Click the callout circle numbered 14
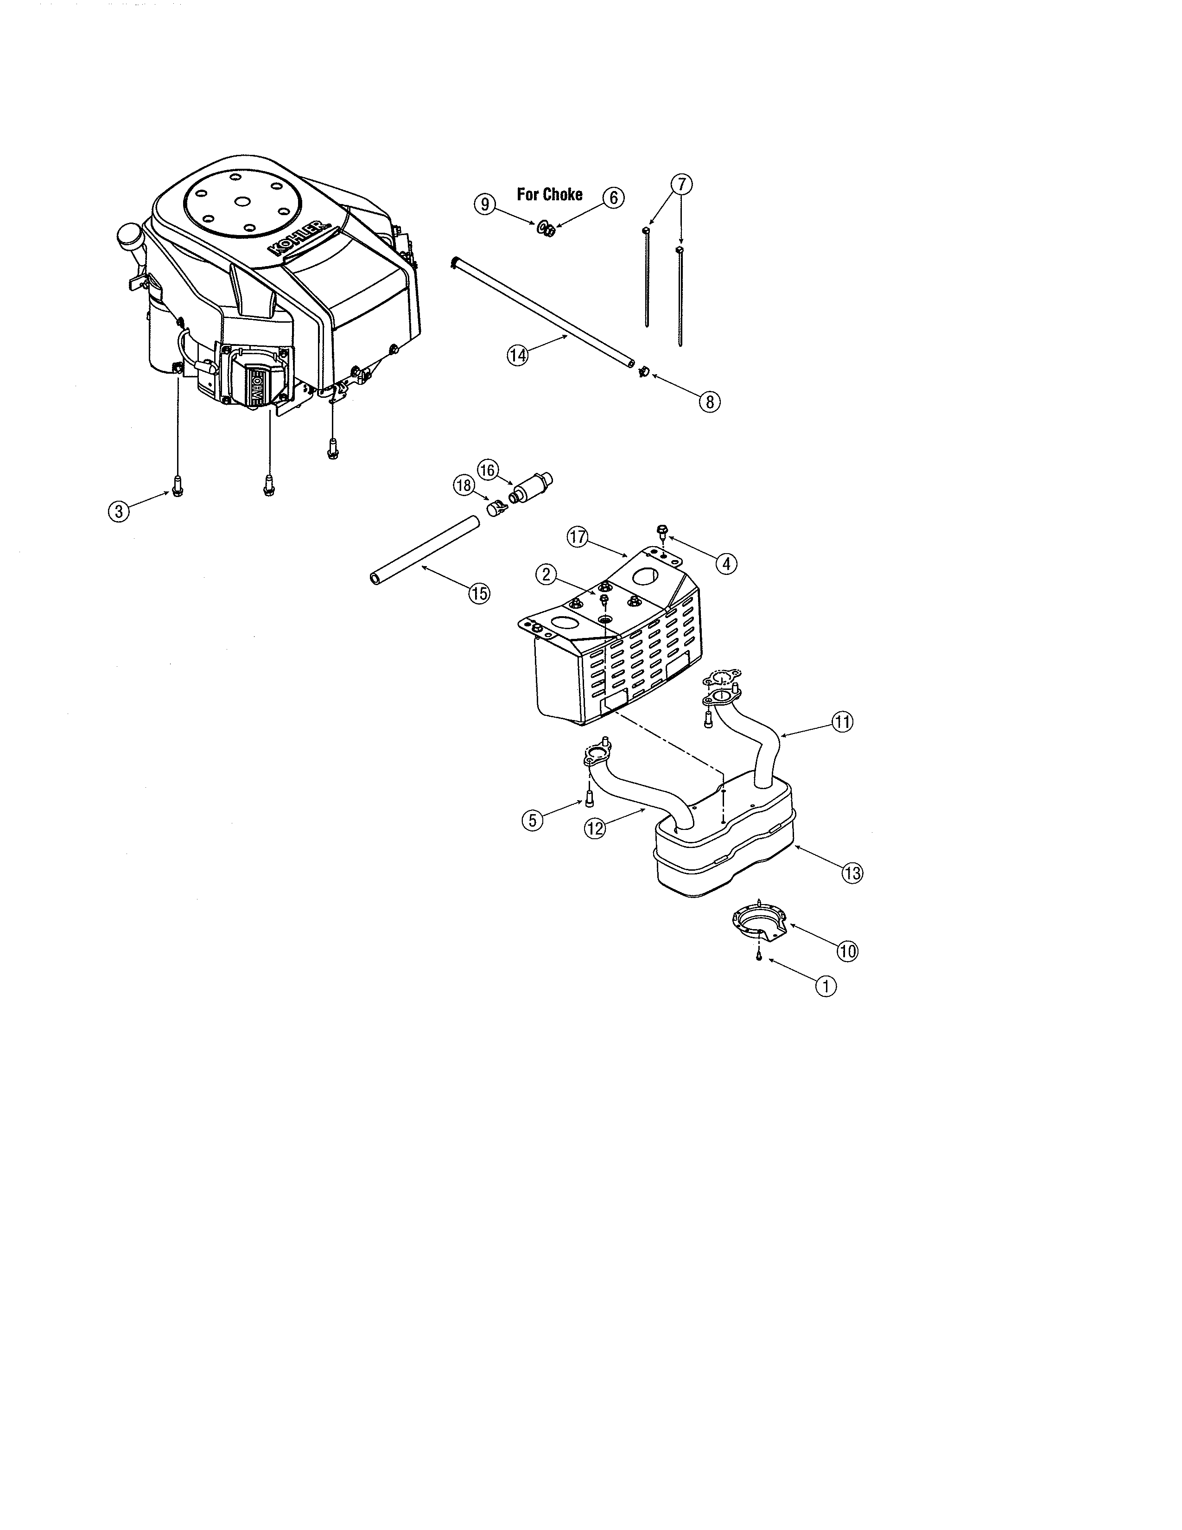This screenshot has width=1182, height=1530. tap(517, 355)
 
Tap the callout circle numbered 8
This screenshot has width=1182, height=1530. tap(709, 402)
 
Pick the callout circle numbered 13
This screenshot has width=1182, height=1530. tap(852, 873)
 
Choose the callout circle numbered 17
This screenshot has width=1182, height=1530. tap(577, 537)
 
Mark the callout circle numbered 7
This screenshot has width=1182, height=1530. tap(681, 184)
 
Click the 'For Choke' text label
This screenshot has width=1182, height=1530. tap(550, 194)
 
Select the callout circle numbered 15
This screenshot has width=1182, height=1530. tap(480, 593)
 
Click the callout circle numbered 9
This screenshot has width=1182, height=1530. tap(484, 204)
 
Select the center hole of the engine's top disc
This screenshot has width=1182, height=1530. tap(242, 201)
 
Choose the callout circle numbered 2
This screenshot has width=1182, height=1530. tap(546, 574)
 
